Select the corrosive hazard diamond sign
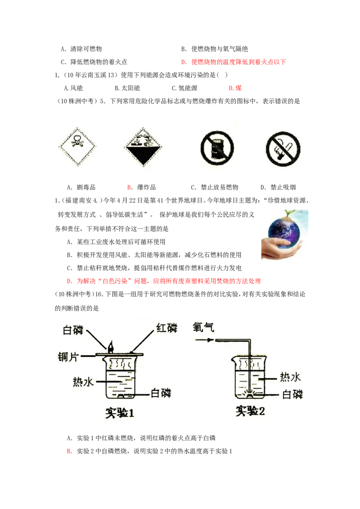pyautogui.click(x=143, y=146)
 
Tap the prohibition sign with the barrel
pyautogui.click(x=217, y=147)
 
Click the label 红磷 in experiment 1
pyautogui.click(x=166, y=328)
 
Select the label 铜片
pyautogui.click(x=69, y=357)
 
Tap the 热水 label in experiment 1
pyautogui.click(x=83, y=382)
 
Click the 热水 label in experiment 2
pyautogui.click(x=291, y=377)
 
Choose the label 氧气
pyautogui.click(x=203, y=327)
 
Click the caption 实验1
pyautogui.click(x=120, y=412)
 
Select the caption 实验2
pyautogui.click(x=250, y=410)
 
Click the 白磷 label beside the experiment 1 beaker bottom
pyautogui.click(x=161, y=393)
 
